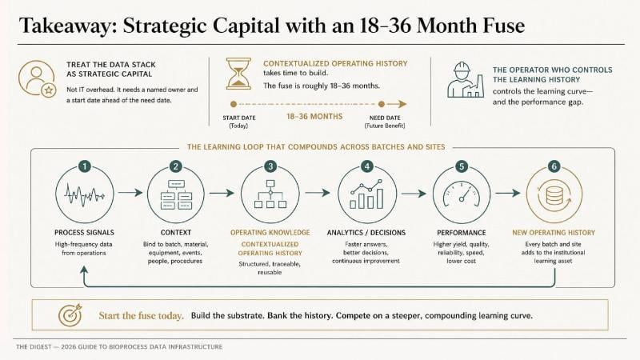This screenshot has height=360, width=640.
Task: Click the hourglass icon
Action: [238, 74]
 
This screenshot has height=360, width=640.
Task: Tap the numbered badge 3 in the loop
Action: [270, 166]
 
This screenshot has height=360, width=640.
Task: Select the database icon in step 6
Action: [554, 194]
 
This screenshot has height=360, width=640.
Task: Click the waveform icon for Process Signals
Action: [84, 194]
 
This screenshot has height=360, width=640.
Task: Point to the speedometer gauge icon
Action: [462, 194]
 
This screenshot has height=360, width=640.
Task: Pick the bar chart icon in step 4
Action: [367, 194]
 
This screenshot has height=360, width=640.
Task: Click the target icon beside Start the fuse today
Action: [70, 315]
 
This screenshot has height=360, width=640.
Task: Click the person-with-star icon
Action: [37, 78]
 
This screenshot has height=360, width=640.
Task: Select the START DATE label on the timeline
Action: [239, 118]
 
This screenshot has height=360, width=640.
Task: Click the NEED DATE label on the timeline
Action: [385, 118]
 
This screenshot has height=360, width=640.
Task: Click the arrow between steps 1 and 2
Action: [130, 193]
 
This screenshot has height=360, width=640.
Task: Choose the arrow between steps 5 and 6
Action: [508, 193]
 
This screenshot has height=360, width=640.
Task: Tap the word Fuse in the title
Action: [504, 26]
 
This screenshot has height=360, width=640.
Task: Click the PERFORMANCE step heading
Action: [462, 233]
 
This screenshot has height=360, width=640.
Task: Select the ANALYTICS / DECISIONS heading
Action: [366, 233]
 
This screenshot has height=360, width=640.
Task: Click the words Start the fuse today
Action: [142, 315]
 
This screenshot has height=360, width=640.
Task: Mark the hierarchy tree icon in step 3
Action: [270, 194]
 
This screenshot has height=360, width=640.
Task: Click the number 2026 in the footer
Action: [68, 347]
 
